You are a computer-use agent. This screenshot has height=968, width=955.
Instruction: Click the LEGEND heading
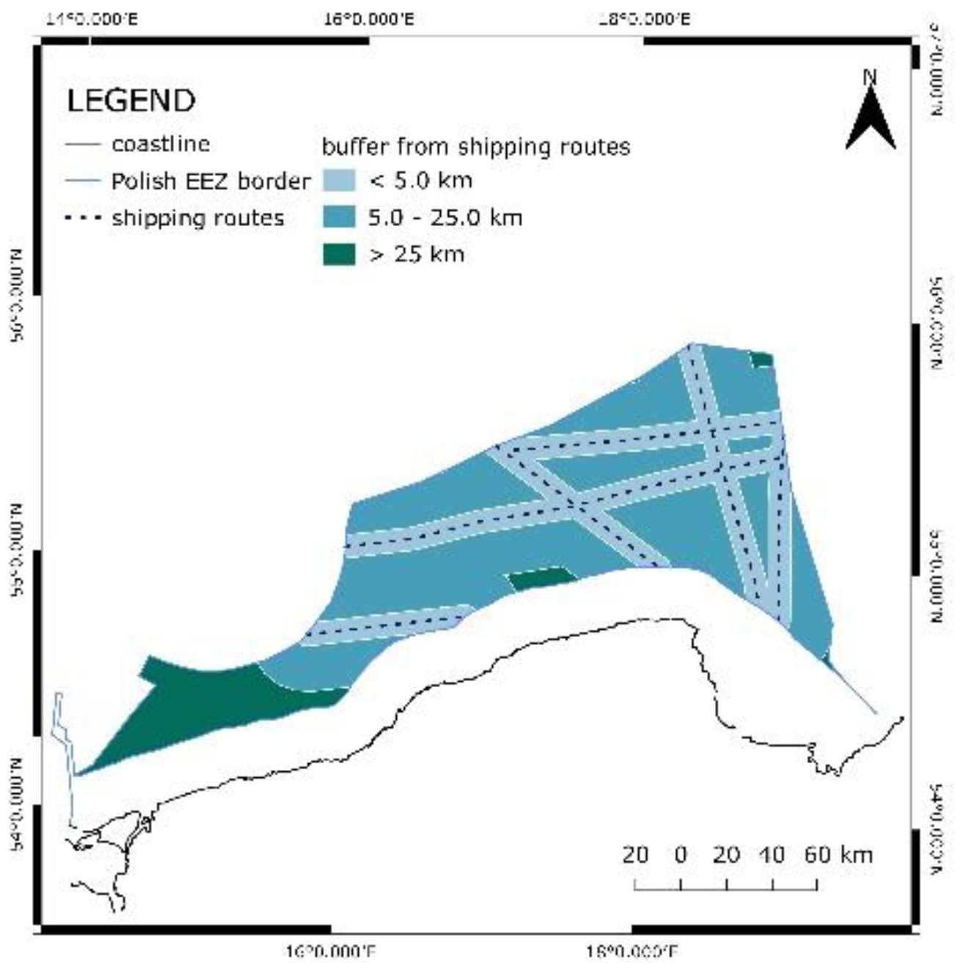tap(131, 101)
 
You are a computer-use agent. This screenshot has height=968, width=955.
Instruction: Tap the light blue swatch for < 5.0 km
tap(339, 181)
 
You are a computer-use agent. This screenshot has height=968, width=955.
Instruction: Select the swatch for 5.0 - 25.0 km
tap(339, 217)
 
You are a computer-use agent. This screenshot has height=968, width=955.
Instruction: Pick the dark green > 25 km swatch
tap(339, 255)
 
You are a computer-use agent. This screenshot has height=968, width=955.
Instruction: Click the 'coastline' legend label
tap(161, 144)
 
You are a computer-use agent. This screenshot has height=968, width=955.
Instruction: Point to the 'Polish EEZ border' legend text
tap(211, 181)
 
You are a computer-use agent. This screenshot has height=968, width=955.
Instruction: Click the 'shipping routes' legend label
tap(198, 218)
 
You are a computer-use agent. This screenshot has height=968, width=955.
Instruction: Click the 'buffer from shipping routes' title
tap(476, 147)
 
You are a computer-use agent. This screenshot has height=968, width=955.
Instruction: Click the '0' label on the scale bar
tap(681, 855)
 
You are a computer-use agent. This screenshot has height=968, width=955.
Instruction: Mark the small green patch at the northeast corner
tap(762, 360)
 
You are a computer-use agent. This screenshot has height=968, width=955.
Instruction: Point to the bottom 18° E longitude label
tap(632, 953)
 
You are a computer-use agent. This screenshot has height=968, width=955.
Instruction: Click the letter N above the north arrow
tap(870, 76)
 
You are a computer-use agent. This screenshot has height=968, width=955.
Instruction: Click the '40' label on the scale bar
tap(772, 855)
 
